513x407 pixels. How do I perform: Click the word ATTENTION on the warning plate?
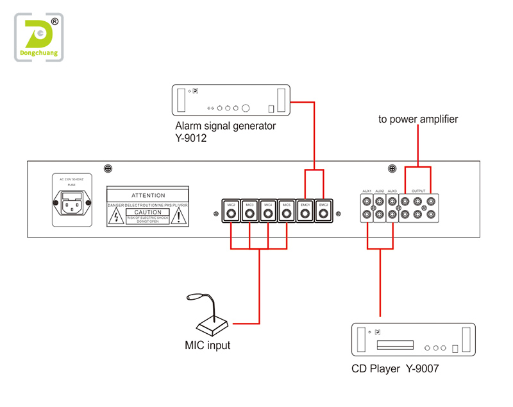[x=148, y=195]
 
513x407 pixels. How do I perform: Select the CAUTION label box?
[x=148, y=212]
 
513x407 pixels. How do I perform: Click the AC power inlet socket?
[x=71, y=205]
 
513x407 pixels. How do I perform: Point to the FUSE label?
[x=71, y=184]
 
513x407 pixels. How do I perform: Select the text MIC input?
[x=207, y=345]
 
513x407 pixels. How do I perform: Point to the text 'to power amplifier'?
[x=418, y=119]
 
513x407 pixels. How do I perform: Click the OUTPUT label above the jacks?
[x=418, y=191]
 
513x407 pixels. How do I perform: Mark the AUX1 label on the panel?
[x=367, y=191]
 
